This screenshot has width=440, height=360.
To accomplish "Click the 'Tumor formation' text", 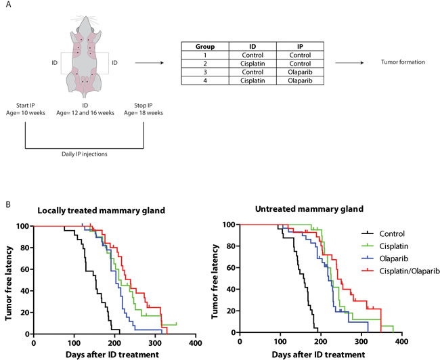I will click(x=404, y=63).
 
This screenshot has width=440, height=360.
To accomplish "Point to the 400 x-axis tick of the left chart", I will click(x=196, y=342).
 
